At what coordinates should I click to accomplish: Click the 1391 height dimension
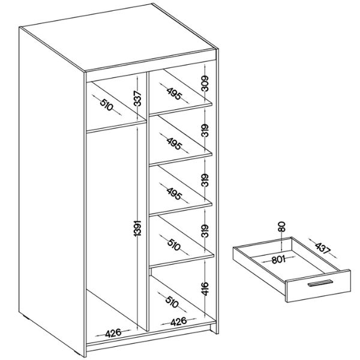[x=137, y=228]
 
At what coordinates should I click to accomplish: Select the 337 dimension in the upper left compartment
[x=137, y=98]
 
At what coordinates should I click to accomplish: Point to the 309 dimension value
[x=205, y=83]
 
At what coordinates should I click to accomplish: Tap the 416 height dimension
[x=205, y=289]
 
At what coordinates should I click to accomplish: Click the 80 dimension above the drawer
[x=281, y=226]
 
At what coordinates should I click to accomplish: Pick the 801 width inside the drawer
[x=278, y=259]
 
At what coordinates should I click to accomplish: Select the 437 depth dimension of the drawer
[x=323, y=248]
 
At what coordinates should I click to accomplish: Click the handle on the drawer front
[x=320, y=283]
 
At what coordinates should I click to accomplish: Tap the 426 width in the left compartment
[x=113, y=333]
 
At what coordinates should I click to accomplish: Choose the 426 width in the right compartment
[x=178, y=322]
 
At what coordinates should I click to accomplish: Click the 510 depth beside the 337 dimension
[x=107, y=104]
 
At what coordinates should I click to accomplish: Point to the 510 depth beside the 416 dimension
[x=172, y=302]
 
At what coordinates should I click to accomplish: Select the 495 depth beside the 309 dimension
[x=174, y=94]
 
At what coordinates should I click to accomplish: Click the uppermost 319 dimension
[x=205, y=130]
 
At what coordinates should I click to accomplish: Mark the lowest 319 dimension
[x=205, y=231]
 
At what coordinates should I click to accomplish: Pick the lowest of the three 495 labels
[x=174, y=194]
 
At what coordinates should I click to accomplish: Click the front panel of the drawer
[x=319, y=286]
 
